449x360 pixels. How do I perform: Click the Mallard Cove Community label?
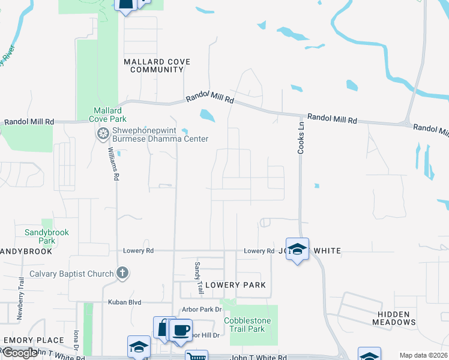coord(153,65)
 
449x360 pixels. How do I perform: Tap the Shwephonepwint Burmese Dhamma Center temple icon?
coord(103,133)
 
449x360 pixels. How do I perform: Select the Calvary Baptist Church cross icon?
coord(122,274)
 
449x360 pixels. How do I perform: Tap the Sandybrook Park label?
coord(47,236)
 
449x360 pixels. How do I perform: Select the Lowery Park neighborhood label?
coord(235,284)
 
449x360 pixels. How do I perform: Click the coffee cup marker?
coord(180,329)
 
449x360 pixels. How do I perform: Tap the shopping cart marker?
coord(196,356)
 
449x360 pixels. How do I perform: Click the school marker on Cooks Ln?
coord(297,248)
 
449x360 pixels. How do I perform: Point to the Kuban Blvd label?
coord(124,302)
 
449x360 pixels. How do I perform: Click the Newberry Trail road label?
coord(21,292)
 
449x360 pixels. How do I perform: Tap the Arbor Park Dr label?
coord(202,310)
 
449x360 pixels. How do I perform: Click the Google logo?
coord(20,353)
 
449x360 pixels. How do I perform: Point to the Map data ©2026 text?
coord(423,355)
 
